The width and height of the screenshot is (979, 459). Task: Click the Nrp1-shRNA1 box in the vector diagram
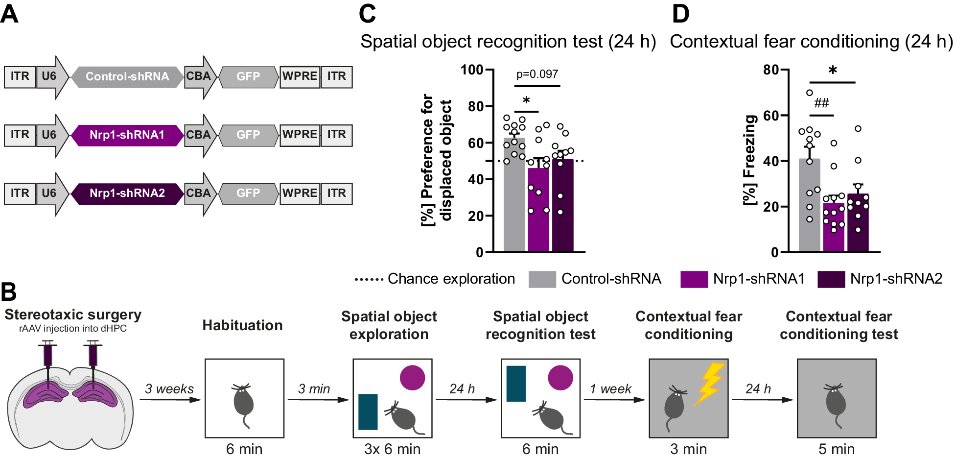tap(127, 135)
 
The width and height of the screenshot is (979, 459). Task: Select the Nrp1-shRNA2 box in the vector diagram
tap(127, 193)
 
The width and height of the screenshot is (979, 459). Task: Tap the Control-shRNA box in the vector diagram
tap(127, 77)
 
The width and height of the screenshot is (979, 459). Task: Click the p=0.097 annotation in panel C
tap(537, 74)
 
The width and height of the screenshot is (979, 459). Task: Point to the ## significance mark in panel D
tap(821, 103)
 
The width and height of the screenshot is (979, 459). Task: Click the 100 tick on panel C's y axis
tap(472, 70)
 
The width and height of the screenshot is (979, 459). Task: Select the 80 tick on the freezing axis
tap(771, 70)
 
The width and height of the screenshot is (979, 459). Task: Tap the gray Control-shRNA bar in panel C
tap(514, 206)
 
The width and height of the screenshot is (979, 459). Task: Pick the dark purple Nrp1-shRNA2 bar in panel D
tap(858, 230)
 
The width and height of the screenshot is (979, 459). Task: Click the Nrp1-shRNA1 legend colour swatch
tap(694, 279)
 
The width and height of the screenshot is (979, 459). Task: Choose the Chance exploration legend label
tap(451, 279)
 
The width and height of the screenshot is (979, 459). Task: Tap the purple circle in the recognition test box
tap(560, 378)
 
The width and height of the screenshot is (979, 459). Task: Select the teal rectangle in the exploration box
tap(368, 412)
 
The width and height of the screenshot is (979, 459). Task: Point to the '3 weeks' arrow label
tap(169, 389)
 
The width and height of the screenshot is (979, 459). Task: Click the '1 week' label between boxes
tap(610, 389)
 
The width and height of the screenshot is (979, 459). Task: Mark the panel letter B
tap(9, 292)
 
